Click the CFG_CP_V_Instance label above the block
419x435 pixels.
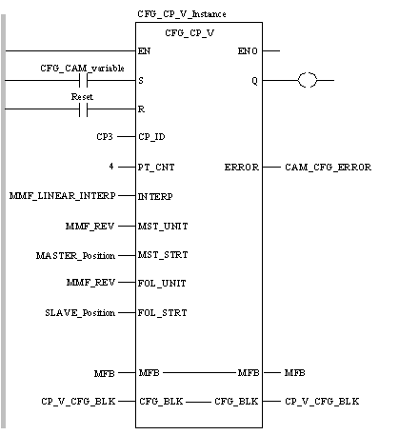(182, 14)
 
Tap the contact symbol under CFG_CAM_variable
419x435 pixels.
(83, 80)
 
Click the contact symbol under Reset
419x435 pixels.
(83, 109)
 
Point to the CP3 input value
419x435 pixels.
(105, 137)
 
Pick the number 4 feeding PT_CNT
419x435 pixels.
(111, 166)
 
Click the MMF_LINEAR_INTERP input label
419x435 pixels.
(63, 196)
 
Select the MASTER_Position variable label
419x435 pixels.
(75, 255)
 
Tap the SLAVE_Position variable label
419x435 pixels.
(80, 313)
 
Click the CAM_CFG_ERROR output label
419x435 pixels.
(328, 168)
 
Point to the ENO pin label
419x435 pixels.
(248, 51)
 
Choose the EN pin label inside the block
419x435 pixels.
(144, 51)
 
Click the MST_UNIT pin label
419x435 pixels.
(163, 227)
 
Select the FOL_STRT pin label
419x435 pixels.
(162, 313)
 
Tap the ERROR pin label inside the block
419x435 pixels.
(242, 168)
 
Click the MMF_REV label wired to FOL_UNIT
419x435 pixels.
(90, 283)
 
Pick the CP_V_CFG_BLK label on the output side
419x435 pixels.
(322, 402)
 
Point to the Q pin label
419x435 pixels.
(254, 81)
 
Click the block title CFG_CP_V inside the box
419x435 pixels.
(190, 33)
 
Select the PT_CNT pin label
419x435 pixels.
(156, 168)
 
